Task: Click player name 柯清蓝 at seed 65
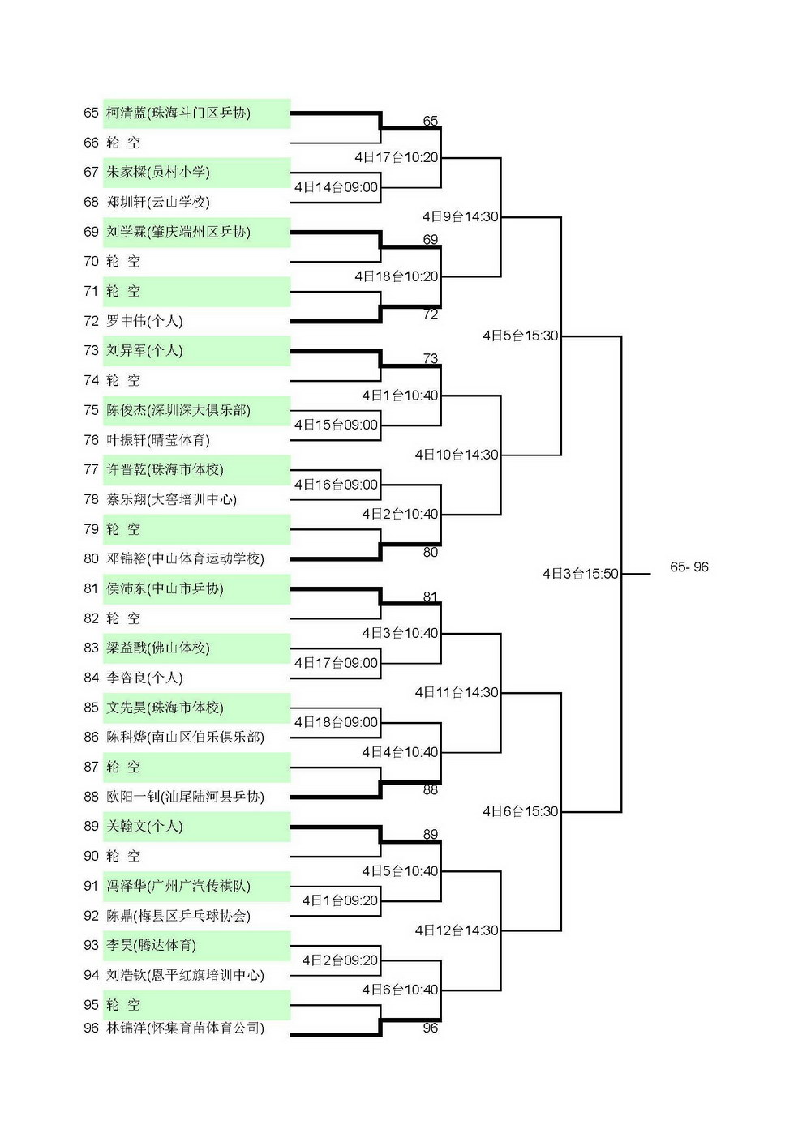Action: tap(126, 113)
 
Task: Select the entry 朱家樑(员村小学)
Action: tap(157, 173)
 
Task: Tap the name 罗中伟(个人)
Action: tap(144, 321)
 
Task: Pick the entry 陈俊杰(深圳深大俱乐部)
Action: tap(178, 410)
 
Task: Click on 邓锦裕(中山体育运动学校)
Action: tap(185, 558)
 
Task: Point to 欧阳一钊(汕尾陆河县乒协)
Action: tap(185, 797)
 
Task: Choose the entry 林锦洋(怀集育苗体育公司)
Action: tap(185, 1028)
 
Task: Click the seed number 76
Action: tap(91, 440)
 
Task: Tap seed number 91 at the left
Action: tap(91, 886)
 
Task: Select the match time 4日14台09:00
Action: tap(336, 187)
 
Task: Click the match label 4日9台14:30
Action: tap(461, 217)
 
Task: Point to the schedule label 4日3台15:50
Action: tap(581, 574)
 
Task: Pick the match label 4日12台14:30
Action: tap(457, 930)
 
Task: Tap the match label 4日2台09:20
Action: tap(340, 960)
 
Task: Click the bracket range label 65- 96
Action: tap(689, 567)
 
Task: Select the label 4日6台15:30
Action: tap(520, 811)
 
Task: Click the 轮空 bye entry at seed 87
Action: tap(123, 767)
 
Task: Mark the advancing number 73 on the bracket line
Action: tap(431, 359)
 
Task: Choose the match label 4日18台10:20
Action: tap(397, 277)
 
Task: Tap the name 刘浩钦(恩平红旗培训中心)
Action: tap(185, 975)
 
